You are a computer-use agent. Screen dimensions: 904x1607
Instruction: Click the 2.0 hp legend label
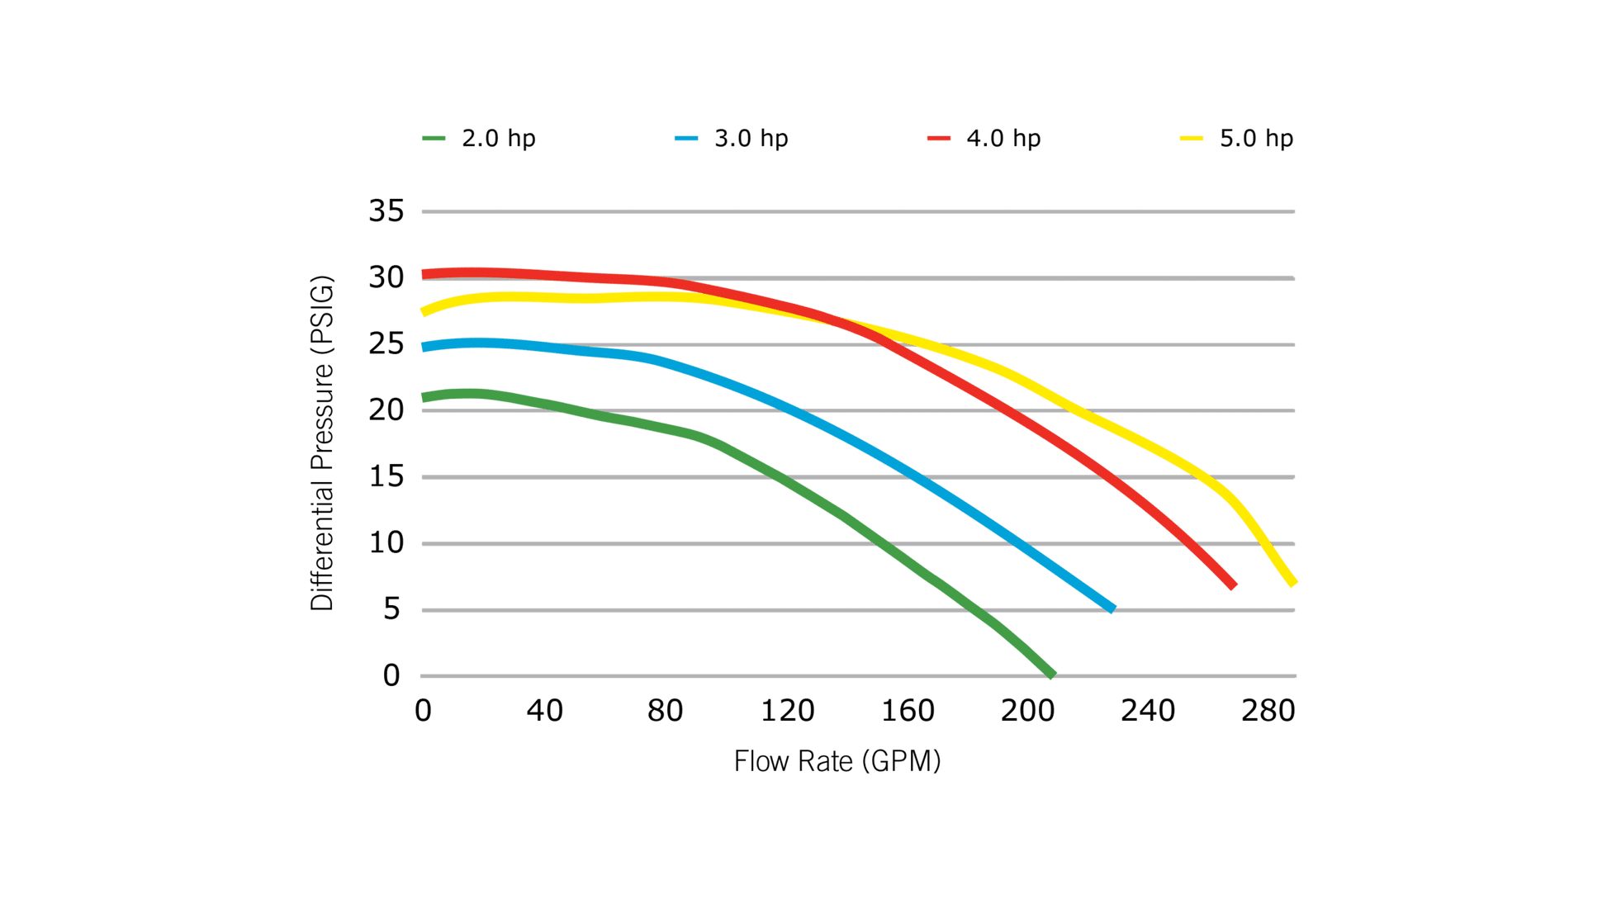[x=498, y=138]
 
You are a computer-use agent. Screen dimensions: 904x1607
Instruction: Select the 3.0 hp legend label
[x=751, y=138]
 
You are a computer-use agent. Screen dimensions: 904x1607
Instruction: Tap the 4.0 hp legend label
[x=1003, y=138]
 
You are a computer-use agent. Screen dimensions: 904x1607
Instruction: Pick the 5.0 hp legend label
[x=1256, y=138]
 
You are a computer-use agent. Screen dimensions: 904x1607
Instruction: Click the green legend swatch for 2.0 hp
[x=434, y=139]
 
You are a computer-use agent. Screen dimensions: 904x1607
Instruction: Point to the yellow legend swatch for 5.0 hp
[x=1192, y=139]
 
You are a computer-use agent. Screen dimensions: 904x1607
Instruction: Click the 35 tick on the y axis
[x=386, y=211]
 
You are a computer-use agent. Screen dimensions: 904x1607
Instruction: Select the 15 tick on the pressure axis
[x=386, y=477]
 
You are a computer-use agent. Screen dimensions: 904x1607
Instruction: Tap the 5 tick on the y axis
[x=391, y=610]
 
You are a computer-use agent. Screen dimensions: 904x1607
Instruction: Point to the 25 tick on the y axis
[x=386, y=344]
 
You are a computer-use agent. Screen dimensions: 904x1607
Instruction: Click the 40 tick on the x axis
[x=544, y=710]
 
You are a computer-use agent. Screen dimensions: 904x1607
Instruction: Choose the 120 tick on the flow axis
[x=787, y=710]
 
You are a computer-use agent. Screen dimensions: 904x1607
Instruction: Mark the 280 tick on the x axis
[x=1268, y=710]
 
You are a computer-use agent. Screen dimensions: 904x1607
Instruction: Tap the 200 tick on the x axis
[x=1028, y=710]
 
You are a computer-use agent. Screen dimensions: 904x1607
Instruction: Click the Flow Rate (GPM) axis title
[x=837, y=760]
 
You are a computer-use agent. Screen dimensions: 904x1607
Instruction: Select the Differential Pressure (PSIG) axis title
[x=323, y=443]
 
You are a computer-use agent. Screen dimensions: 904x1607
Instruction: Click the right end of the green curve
[x=1050, y=674]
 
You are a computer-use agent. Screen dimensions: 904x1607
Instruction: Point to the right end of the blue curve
[x=1112, y=608]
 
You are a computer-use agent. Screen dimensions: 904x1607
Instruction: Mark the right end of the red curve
[x=1232, y=585]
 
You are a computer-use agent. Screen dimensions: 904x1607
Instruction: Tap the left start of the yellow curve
[x=424, y=312]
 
